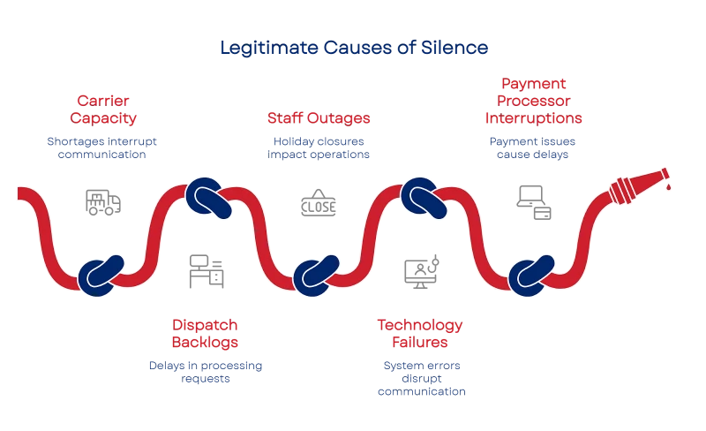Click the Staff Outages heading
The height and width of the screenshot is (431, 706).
pyautogui.click(x=318, y=117)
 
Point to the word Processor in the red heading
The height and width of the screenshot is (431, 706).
pyautogui.click(x=531, y=101)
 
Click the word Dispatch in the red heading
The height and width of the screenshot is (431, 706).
pyautogui.click(x=206, y=325)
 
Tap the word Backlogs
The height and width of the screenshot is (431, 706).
pyautogui.click(x=206, y=341)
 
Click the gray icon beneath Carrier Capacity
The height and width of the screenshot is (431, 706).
pyautogui.click(x=105, y=201)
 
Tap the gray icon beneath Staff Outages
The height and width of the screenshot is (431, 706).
pyautogui.click(x=318, y=203)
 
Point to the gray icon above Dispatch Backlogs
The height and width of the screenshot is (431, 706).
pyautogui.click(x=206, y=268)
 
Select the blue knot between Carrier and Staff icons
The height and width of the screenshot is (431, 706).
pyautogui.click(x=208, y=196)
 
